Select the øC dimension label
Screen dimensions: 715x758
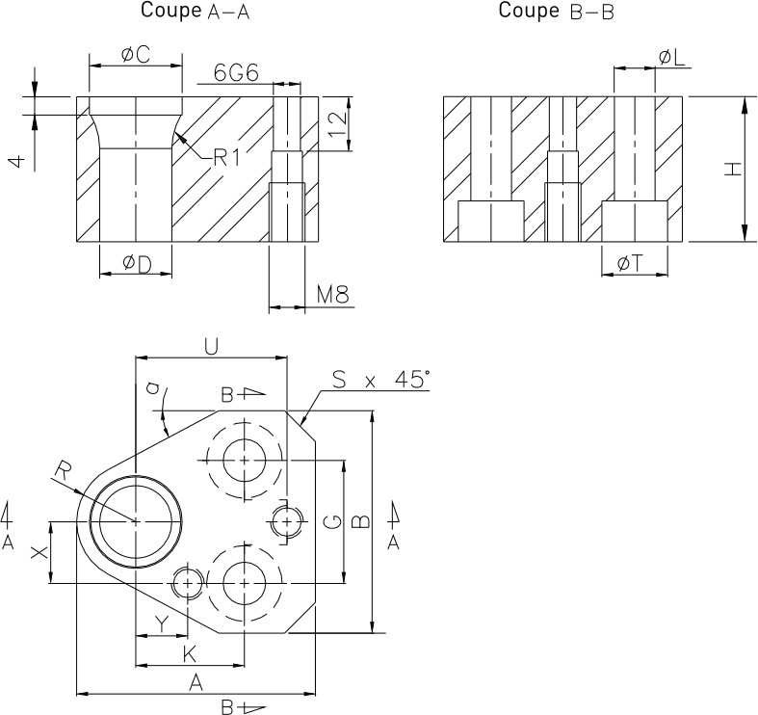pyautogui.click(x=136, y=55)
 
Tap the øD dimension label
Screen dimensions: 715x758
pyautogui.click(x=137, y=264)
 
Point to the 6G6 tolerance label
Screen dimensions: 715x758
pyautogui.click(x=234, y=72)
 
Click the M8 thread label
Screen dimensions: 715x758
pyautogui.click(x=332, y=295)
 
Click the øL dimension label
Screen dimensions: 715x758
pyautogui.click(x=671, y=58)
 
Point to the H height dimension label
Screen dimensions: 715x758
pyautogui.click(x=733, y=170)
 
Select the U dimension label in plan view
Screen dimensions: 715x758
pyautogui.click(x=212, y=345)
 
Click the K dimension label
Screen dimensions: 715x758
pyautogui.click(x=190, y=653)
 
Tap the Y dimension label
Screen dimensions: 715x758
pyautogui.click(x=161, y=624)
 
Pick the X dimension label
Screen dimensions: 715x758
pyautogui.click(x=38, y=553)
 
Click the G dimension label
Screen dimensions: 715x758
pyautogui.click(x=330, y=521)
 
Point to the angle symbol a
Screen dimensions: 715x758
pyautogui.click(x=151, y=388)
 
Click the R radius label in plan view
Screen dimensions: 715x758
pyautogui.click(x=62, y=470)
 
